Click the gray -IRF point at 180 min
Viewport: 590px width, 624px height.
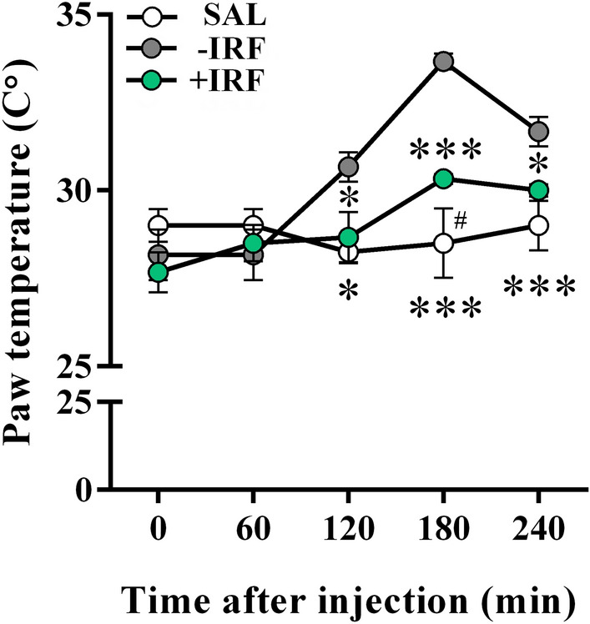444,61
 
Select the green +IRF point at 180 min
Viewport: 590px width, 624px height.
444,179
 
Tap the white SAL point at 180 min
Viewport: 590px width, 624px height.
444,243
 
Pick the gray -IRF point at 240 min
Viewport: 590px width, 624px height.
539,131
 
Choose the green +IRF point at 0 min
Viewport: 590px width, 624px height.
159,272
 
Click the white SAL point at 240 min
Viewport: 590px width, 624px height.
539,225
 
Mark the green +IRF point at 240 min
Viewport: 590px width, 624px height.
539,190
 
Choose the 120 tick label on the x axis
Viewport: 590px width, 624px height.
349,531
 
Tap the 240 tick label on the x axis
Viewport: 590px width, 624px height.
539,531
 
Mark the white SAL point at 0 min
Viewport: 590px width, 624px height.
159,225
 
